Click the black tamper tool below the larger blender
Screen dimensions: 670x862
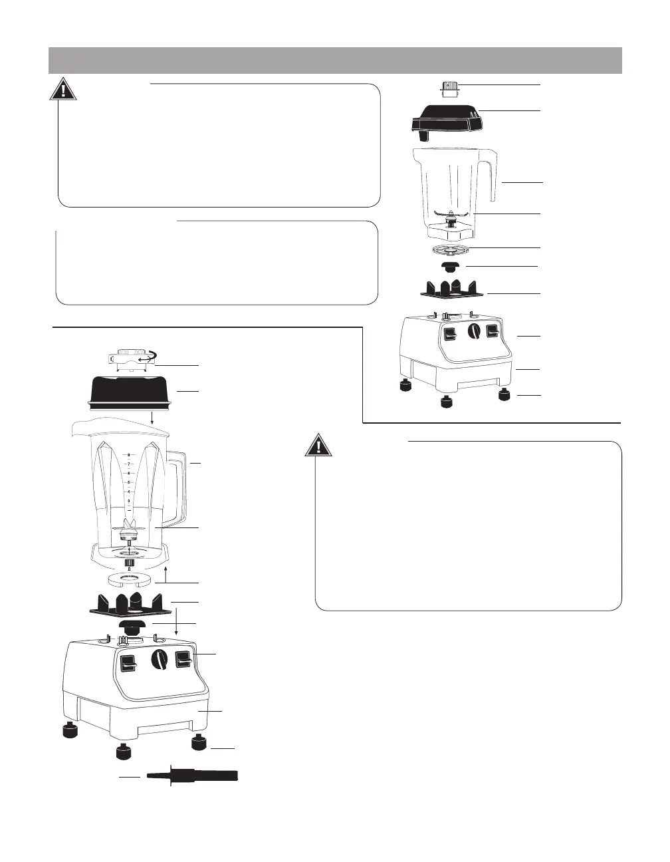(193, 776)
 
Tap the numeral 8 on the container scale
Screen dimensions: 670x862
(128, 455)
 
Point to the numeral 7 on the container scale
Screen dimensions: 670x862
(128, 464)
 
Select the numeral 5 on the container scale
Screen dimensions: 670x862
(128, 482)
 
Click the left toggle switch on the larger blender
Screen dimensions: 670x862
(129, 662)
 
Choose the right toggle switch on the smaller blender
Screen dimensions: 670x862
(493, 332)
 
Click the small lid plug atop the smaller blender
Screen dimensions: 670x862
(450, 88)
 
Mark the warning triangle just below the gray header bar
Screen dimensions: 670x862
(63, 89)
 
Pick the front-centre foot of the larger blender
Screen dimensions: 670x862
(124, 752)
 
